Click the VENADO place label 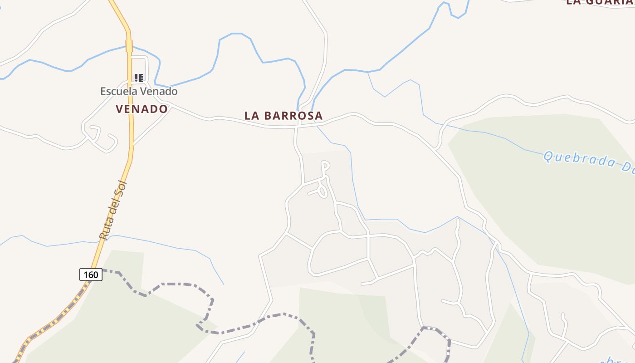142,109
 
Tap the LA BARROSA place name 283,116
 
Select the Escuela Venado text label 139,91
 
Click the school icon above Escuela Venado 139,78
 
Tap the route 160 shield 91,275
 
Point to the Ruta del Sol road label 113,210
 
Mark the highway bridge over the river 129,46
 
